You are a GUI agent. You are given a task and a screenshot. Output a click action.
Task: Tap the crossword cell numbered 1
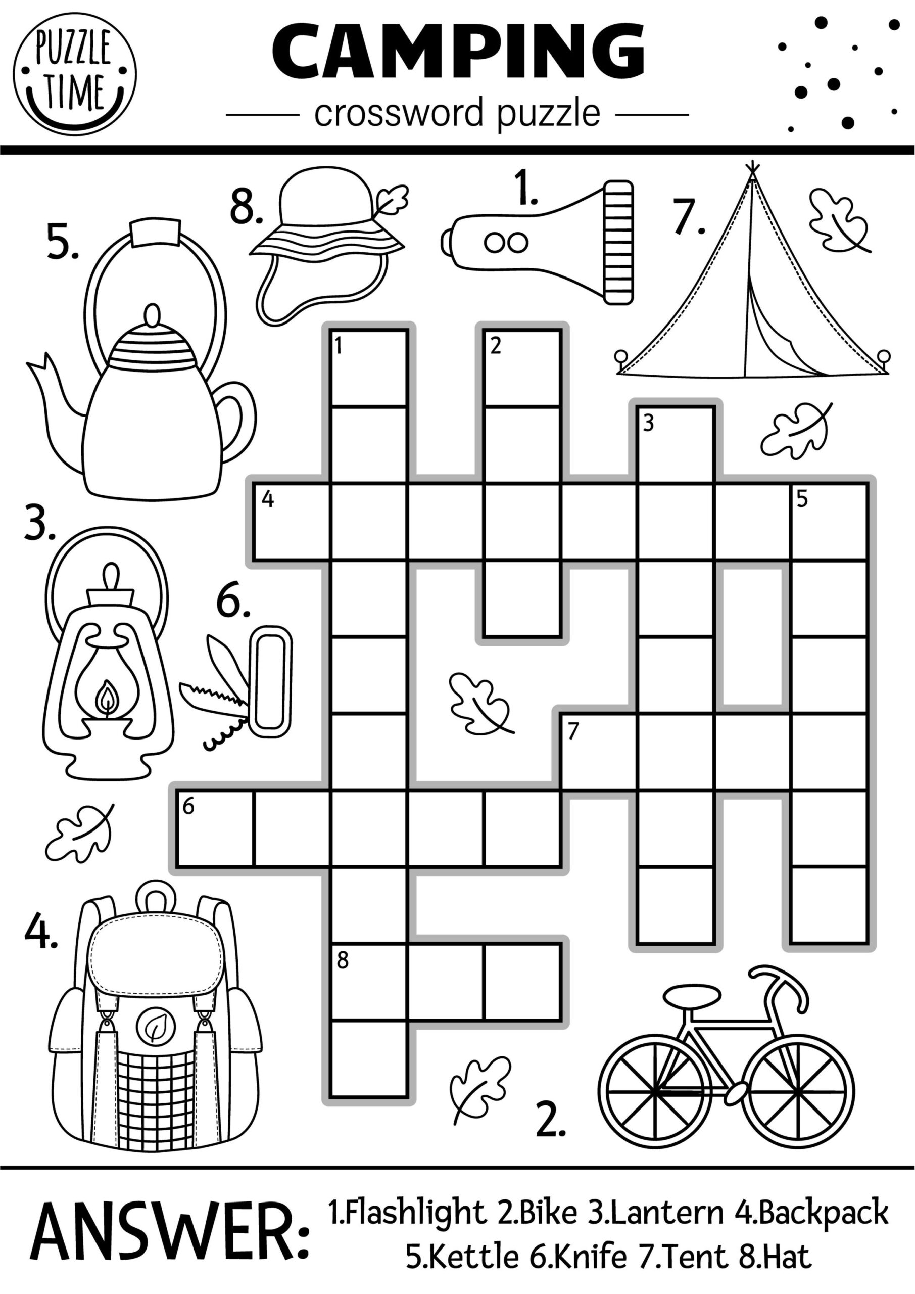pyautogui.click(x=368, y=368)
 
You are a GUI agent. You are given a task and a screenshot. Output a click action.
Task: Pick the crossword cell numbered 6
pyautogui.click(x=215, y=828)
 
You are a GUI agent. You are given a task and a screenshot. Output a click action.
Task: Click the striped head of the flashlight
pyautogui.click(x=618, y=242)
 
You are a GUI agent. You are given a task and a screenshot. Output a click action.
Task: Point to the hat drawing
pyautogui.click(x=327, y=242)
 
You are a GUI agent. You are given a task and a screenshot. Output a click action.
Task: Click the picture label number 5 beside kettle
pyautogui.click(x=63, y=243)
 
